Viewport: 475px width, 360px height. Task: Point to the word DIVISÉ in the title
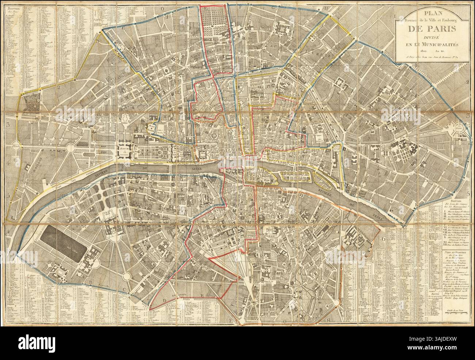pyautogui.click(x=429, y=38)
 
